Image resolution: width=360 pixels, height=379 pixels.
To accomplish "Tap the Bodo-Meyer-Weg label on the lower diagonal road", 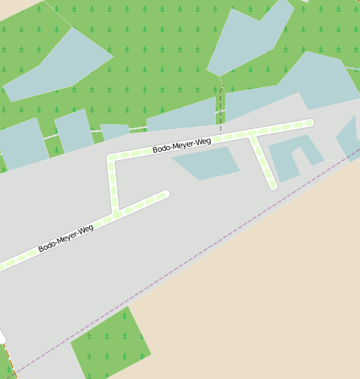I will coord(65,238).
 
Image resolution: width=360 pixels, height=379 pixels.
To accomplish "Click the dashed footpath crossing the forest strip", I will coord(221,109).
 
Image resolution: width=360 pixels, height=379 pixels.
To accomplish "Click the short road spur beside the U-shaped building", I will coord(263,162).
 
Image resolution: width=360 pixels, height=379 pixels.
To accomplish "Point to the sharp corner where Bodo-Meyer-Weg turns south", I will coord(112,157).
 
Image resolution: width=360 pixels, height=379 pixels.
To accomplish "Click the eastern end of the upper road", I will coord(309,123).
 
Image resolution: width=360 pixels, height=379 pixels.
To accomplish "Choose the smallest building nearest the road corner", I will coord(114,132).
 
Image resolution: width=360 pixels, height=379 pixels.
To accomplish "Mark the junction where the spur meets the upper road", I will coord(252,134).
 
